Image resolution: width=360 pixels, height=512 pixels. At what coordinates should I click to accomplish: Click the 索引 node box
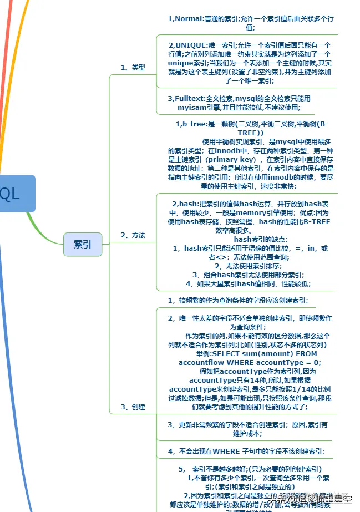(83, 244)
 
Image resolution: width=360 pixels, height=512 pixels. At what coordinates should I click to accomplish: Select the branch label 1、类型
(133, 68)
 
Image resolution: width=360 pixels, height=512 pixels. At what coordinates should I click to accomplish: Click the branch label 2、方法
(133, 235)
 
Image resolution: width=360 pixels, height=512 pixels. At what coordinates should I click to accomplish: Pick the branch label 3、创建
(133, 407)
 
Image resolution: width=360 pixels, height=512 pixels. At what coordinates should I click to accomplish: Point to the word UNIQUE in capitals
(191, 45)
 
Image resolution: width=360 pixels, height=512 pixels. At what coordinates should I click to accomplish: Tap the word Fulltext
(191, 98)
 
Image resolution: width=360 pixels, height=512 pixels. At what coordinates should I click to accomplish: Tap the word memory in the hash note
(255, 213)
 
